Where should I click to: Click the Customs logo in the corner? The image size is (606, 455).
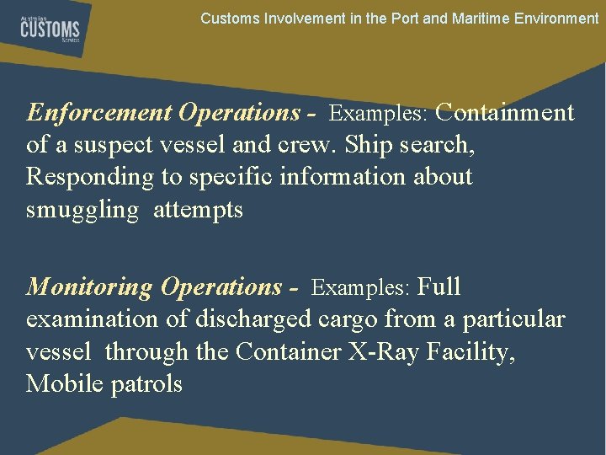pos(50,31)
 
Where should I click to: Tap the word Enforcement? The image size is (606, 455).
pos(98,113)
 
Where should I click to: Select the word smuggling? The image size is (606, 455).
pos(82,210)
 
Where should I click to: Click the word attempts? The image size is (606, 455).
pos(198,210)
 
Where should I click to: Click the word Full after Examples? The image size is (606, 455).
pos(439,287)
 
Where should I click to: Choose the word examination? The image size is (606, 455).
pos(98,320)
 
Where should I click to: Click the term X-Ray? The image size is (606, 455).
pos(379,352)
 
